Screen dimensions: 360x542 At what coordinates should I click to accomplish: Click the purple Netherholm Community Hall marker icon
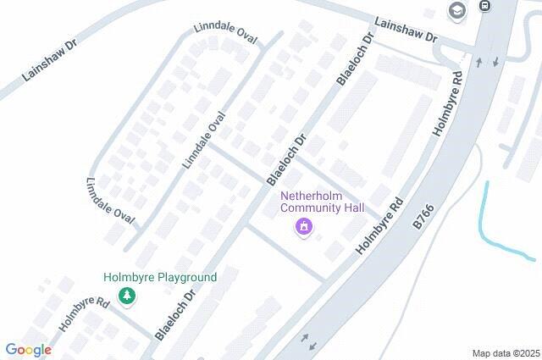click(303, 227)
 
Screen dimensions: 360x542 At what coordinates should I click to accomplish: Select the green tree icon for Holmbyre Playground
click(127, 296)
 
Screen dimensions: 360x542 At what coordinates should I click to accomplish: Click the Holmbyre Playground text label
click(160, 277)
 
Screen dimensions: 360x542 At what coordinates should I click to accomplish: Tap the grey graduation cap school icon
click(457, 10)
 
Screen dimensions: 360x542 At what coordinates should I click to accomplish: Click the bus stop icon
click(484, 7)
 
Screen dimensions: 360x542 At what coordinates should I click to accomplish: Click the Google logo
click(28, 350)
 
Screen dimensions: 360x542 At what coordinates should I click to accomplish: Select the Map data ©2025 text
click(506, 353)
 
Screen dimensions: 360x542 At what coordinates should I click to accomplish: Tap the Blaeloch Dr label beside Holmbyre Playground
click(175, 313)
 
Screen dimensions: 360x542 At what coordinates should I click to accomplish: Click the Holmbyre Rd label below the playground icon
click(85, 313)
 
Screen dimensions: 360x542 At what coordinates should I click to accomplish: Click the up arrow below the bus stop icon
click(478, 62)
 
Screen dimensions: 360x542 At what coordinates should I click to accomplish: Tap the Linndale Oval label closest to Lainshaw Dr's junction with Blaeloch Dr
click(225, 33)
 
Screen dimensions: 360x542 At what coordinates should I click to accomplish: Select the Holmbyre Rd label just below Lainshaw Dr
click(448, 104)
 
